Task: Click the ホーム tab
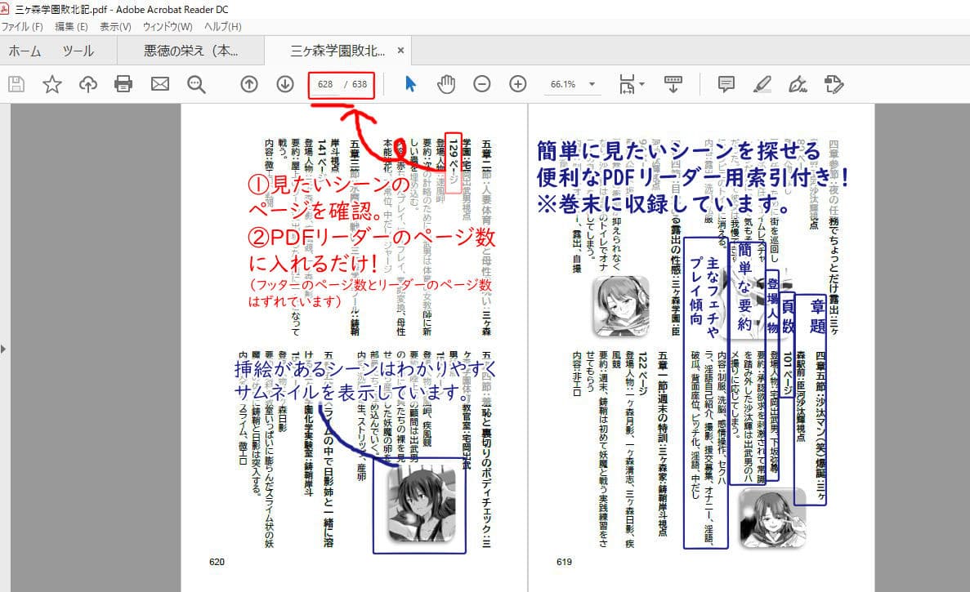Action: point(25,51)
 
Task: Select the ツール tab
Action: point(78,51)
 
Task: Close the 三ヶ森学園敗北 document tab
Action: point(400,51)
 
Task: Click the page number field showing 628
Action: point(325,84)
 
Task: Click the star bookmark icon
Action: point(52,84)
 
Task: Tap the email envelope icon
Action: point(159,84)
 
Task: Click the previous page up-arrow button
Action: point(249,84)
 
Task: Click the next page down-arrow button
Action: point(284,84)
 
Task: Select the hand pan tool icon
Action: point(445,84)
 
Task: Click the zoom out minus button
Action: point(482,84)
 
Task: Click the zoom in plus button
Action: point(518,84)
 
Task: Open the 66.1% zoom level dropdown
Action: point(591,84)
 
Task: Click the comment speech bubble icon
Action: point(726,84)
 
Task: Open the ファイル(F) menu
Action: point(22,27)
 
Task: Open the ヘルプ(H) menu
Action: point(223,27)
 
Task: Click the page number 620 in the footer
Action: point(217,562)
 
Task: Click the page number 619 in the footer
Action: point(564,562)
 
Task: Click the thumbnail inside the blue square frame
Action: point(420,505)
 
